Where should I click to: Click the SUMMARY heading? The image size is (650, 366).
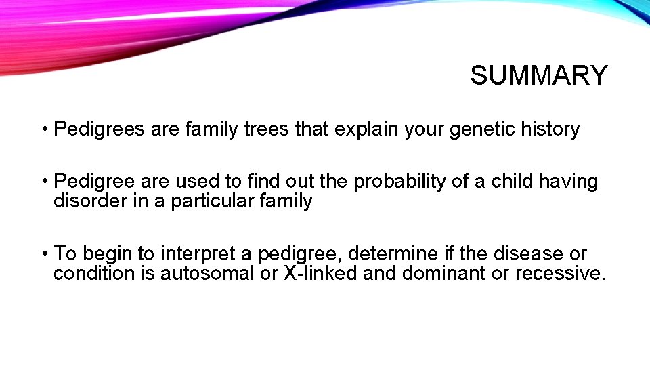point(539,75)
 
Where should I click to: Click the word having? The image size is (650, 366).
point(575,182)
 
